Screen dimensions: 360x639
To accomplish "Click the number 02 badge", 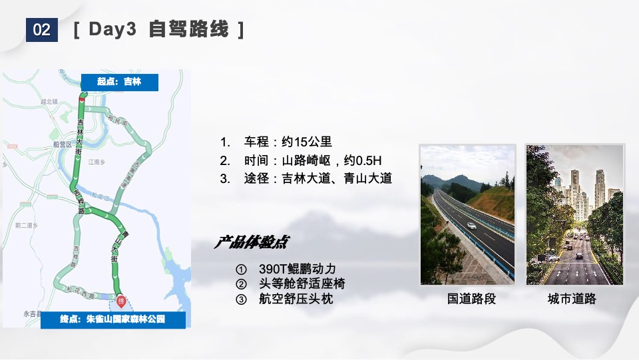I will pyautogui.click(x=41, y=30).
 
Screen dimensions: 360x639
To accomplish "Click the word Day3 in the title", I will pyautogui.click(x=111, y=30).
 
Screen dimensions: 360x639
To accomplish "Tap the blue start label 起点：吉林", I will pyautogui.click(x=120, y=82).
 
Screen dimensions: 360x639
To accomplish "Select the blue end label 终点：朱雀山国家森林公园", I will pyautogui.click(x=112, y=320).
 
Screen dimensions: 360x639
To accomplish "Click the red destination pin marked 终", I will pyautogui.click(x=121, y=300).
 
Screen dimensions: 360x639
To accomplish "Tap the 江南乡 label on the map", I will pyautogui.click(x=97, y=162).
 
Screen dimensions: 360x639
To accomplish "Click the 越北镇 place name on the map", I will pyautogui.click(x=49, y=102).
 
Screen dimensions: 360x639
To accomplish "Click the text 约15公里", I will pyautogui.click(x=306, y=142).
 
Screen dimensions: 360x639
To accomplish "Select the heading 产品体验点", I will pyautogui.click(x=251, y=242).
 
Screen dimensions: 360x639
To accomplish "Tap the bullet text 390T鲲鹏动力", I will pyautogui.click(x=297, y=269).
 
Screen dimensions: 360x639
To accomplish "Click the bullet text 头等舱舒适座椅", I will pyautogui.click(x=302, y=284).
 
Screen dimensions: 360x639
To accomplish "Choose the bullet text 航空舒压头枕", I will pyautogui.click(x=296, y=299).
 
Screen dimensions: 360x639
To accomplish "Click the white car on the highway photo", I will pyautogui.click(x=471, y=226).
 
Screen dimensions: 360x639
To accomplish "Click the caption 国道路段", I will pyautogui.click(x=471, y=299).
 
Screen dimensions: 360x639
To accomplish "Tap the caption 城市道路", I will pyautogui.click(x=572, y=299).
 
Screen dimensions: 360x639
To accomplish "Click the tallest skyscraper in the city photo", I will pyautogui.click(x=574, y=183).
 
